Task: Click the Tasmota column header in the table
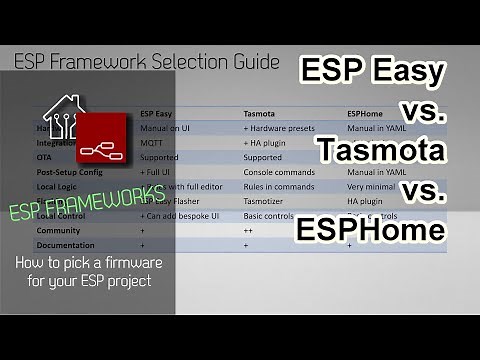(262, 114)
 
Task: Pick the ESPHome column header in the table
(365, 114)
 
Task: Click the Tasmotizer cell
(266, 201)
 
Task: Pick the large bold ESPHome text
(370, 230)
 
